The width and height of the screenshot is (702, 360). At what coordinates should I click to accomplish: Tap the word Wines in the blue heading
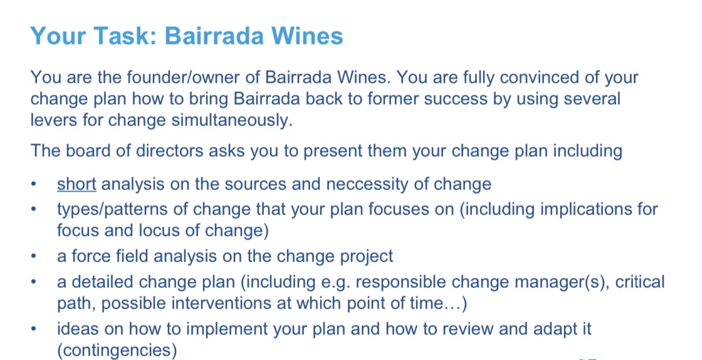(306, 36)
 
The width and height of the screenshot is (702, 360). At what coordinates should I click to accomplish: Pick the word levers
(50, 120)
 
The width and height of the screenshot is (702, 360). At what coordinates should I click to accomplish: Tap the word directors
(177, 151)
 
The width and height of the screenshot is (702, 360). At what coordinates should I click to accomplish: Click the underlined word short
(76, 184)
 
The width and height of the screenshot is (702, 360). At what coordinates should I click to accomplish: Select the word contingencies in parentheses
(116, 350)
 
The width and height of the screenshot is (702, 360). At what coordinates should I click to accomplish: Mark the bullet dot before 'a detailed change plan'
(36, 283)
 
